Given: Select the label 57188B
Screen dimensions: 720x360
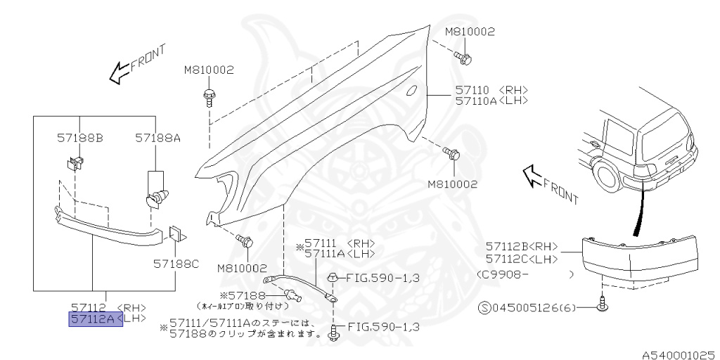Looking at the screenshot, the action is click(79, 139).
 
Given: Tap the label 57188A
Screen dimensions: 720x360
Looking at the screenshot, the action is click(157, 139).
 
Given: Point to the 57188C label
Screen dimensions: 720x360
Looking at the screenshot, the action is click(176, 264).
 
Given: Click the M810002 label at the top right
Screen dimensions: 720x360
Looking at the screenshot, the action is click(470, 32).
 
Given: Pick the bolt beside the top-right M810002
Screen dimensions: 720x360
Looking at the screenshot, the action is click(462, 56).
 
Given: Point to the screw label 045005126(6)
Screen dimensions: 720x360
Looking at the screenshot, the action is click(521, 307).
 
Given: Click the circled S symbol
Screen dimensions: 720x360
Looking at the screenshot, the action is click(484, 307).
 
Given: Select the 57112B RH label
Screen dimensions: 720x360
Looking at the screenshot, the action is click(520, 246).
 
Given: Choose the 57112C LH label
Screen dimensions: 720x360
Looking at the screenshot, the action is click(520, 258).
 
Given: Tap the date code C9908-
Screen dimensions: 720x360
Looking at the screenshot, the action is click(503, 274).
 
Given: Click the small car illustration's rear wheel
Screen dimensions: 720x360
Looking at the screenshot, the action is click(607, 175).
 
